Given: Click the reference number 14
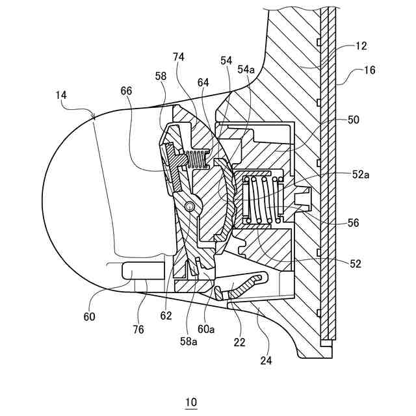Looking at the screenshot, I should [61, 95].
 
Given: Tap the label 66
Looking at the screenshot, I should [125, 92].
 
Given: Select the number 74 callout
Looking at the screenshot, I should [179, 57].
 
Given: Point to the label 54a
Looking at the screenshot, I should [246, 69].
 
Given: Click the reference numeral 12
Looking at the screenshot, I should [361, 46].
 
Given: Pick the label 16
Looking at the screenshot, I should [370, 70].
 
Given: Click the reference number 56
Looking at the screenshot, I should [353, 222].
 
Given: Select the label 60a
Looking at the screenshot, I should [207, 329].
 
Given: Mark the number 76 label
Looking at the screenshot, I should [138, 329].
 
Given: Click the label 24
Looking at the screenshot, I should [266, 358].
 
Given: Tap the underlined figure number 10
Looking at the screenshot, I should [190, 402].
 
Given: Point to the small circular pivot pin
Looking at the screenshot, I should [189, 206].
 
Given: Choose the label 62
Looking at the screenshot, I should [166, 316].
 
